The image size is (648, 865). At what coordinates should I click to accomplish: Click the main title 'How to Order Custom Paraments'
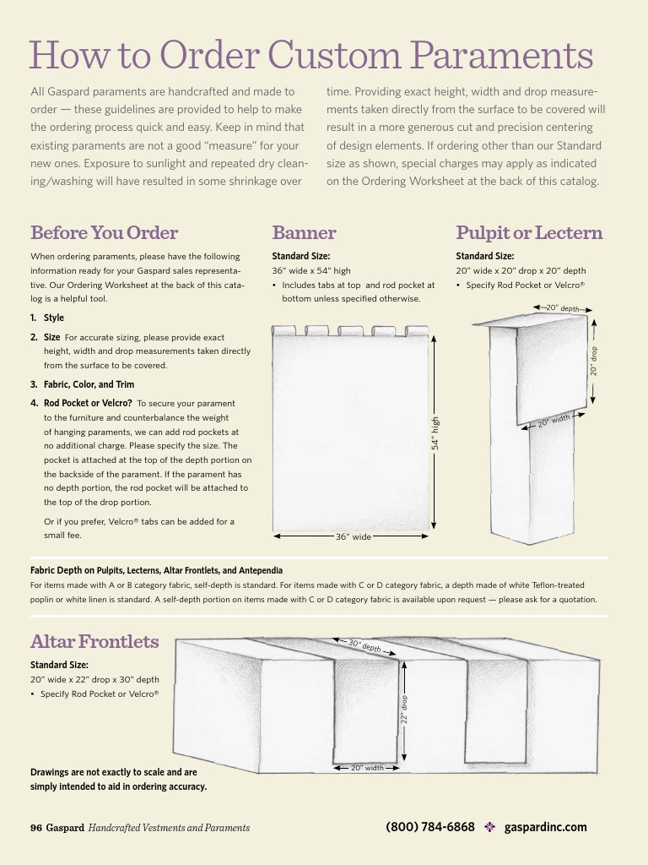click(x=311, y=56)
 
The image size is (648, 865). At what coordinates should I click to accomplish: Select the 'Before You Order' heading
click(x=104, y=232)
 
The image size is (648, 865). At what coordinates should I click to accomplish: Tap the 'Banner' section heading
click(x=304, y=232)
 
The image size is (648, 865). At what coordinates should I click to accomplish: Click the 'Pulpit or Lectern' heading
click(x=529, y=232)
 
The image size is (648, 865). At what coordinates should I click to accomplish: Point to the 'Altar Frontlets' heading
click(x=94, y=641)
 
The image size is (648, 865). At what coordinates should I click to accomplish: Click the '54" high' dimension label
click(x=435, y=433)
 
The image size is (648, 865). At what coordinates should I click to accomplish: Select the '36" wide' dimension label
click(x=353, y=536)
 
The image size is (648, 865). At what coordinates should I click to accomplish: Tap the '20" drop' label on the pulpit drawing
click(x=593, y=361)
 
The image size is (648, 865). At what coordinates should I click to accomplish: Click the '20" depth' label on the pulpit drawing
click(x=563, y=308)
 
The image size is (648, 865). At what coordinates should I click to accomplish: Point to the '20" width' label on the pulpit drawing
click(x=554, y=420)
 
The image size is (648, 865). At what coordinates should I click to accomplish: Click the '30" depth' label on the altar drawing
click(x=364, y=646)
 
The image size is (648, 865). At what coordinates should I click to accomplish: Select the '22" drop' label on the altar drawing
click(x=404, y=709)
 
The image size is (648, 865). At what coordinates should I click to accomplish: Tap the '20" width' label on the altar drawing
click(x=367, y=768)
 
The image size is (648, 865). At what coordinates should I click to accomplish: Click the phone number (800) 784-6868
click(x=430, y=827)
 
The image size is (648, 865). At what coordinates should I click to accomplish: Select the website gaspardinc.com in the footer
click(x=545, y=827)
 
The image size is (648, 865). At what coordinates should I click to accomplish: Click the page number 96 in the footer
click(x=36, y=828)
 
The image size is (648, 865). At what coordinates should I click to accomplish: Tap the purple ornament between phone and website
click(x=489, y=827)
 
